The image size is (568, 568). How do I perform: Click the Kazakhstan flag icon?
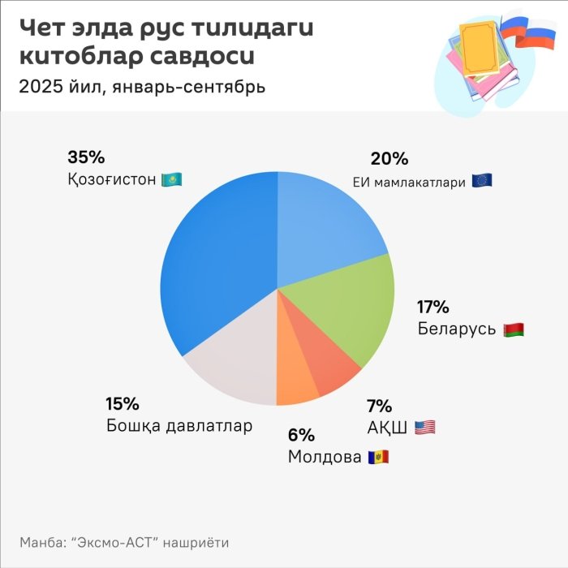click(172, 179)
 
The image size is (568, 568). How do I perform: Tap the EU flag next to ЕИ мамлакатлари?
click(482, 181)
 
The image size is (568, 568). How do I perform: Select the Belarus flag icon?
click(514, 329)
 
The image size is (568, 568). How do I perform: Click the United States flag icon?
click(424, 427)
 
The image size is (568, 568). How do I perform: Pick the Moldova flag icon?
click(378, 457)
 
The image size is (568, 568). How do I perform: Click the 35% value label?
click(86, 157)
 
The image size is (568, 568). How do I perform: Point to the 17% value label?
click(433, 307)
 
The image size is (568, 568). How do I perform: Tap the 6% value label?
click(301, 435)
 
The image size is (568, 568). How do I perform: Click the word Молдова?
click(325, 457)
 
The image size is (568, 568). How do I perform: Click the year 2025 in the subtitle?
click(41, 86)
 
